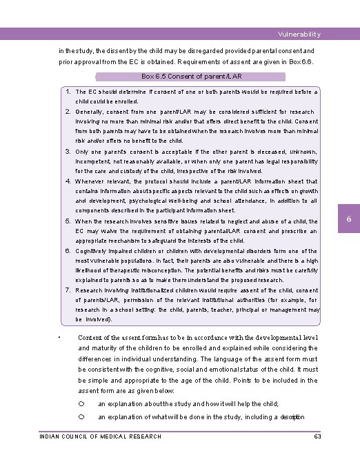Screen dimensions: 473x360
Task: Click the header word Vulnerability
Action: [x=299, y=34]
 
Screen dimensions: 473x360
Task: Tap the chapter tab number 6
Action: [x=349, y=219]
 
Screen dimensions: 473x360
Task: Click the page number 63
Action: [x=317, y=436]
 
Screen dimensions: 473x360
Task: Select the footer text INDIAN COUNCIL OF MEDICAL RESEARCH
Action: [x=101, y=436]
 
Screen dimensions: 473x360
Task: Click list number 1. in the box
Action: [x=70, y=91]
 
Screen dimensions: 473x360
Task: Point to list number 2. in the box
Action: [x=70, y=111]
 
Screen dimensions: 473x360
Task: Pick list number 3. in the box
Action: [x=70, y=151]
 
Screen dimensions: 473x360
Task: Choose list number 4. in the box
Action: [x=70, y=181]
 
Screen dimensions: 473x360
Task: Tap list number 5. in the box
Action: [x=70, y=221]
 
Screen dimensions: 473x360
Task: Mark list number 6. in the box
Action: [x=70, y=251]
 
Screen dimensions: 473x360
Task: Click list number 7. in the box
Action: [x=70, y=290]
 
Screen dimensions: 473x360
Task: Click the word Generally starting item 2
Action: [x=90, y=111]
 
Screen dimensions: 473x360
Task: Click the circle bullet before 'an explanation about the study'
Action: [x=81, y=404]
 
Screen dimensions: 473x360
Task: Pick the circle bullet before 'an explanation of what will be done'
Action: [x=81, y=417]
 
